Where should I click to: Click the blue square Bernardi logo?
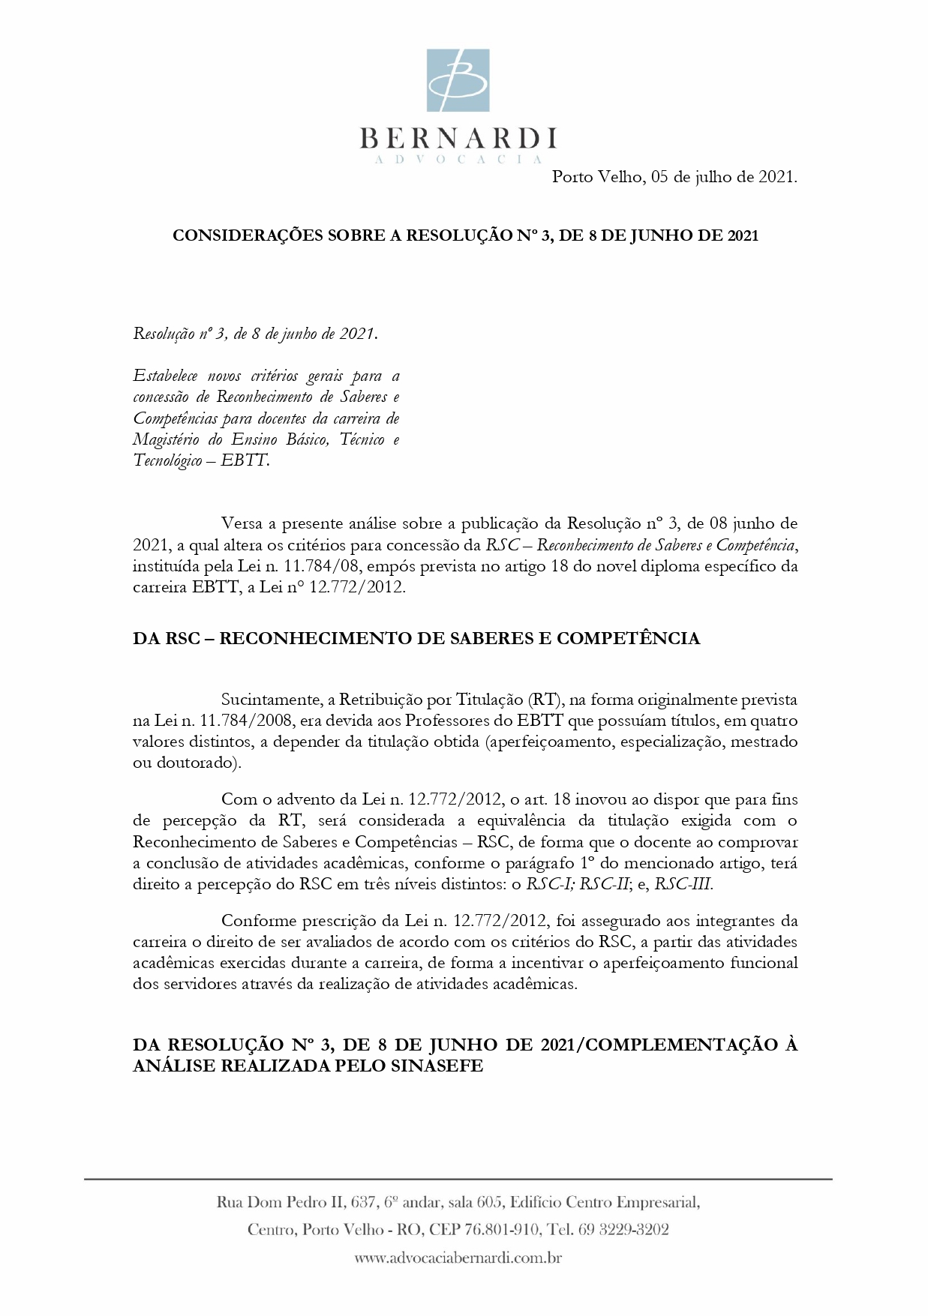[x=458, y=80]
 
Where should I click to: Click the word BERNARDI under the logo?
[x=458, y=139]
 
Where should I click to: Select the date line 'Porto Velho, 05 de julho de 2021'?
[x=674, y=177]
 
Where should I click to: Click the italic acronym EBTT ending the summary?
[x=244, y=460]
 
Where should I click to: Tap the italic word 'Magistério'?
[x=166, y=439]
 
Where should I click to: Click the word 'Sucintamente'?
[x=272, y=700]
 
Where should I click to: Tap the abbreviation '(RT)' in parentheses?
[x=545, y=700]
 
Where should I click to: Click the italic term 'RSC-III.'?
[x=683, y=884]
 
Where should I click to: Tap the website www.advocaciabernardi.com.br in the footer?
[x=458, y=1258]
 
